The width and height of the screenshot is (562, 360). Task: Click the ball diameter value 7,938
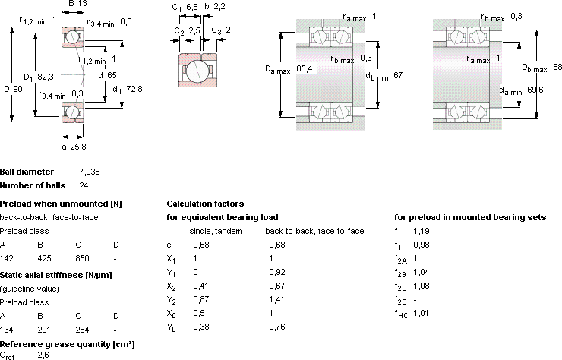tap(90, 172)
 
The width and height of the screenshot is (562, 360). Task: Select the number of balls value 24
tap(84, 185)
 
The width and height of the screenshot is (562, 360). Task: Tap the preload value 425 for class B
tap(45, 258)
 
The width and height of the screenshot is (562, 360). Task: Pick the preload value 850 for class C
tap(83, 258)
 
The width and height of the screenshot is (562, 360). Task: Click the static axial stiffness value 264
tap(83, 330)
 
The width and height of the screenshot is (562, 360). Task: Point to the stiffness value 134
tap(7, 330)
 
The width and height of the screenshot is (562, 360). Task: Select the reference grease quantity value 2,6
tap(43, 355)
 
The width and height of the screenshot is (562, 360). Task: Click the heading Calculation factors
tap(205, 204)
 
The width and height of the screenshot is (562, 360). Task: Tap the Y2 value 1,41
tap(276, 299)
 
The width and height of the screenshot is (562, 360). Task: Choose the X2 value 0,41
tap(200, 286)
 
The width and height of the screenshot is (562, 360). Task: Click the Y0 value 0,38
tap(201, 327)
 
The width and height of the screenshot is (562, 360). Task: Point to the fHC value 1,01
tap(421, 313)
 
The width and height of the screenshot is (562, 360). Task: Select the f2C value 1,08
tap(421, 286)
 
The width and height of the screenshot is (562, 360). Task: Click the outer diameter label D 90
tap(13, 89)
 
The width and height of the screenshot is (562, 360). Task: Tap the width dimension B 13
tap(77, 4)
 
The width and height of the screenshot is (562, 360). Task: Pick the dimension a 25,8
tap(74, 147)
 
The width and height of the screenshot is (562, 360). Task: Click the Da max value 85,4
tap(305, 68)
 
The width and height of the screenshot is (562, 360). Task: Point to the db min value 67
tap(398, 75)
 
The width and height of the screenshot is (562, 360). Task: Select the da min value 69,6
tap(535, 90)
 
